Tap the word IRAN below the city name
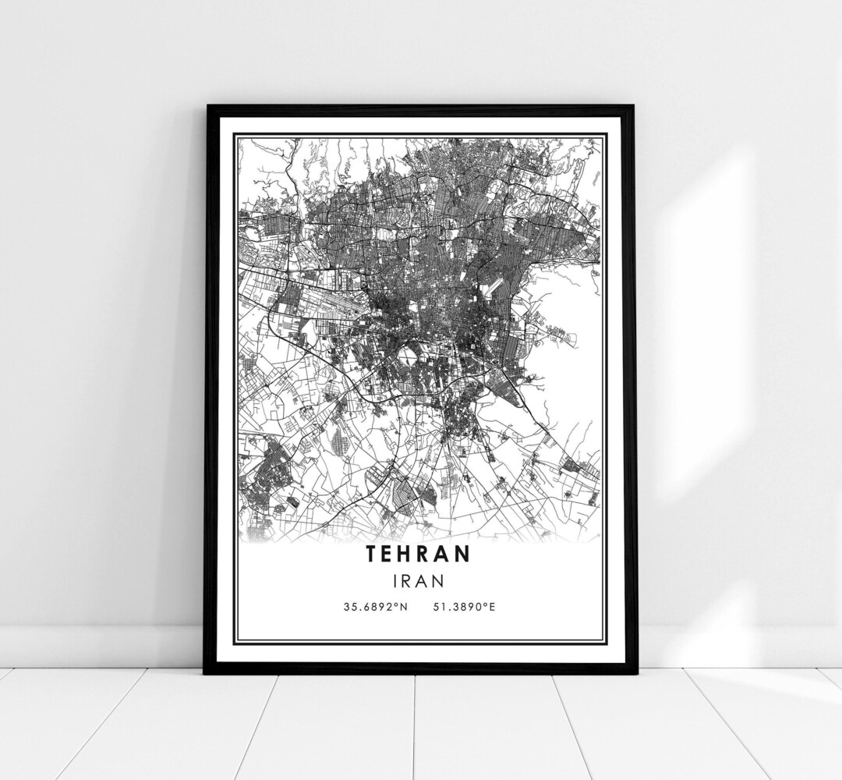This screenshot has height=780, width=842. click(x=419, y=580)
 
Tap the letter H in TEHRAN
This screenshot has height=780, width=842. click(x=408, y=554)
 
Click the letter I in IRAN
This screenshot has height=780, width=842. click(x=395, y=580)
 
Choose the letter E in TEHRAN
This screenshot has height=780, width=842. click(x=389, y=554)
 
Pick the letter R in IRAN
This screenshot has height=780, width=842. click(x=407, y=580)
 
